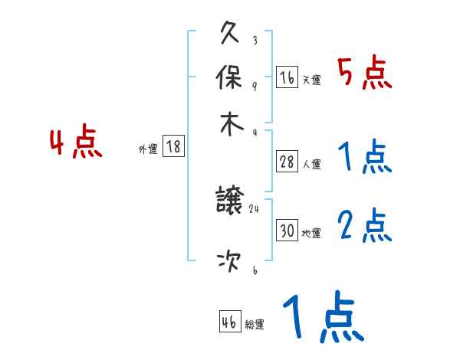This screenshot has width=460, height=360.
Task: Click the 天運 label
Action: [311, 80]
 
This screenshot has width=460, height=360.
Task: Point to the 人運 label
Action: [311, 164]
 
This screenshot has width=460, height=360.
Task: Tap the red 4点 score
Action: [77, 143]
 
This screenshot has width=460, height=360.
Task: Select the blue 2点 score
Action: [365, 226]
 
